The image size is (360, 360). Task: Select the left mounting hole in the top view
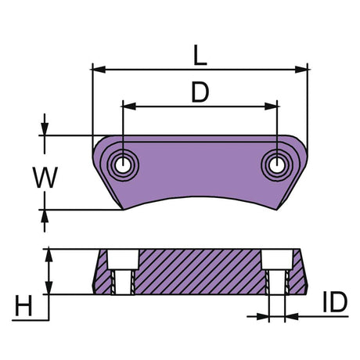(123, 164)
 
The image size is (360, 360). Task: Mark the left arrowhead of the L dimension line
(97, 69)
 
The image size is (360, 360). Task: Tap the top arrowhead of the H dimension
(49, 253)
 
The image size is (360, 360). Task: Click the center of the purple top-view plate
(200, 172)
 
